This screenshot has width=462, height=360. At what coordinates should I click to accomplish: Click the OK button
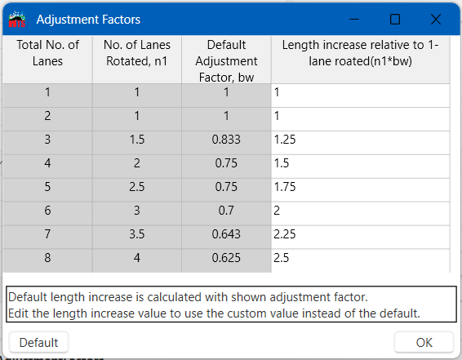424,342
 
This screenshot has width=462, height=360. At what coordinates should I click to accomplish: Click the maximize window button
395,19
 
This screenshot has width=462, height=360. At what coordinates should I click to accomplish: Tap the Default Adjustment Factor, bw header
226,59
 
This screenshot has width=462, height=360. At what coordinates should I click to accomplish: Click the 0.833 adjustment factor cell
226,140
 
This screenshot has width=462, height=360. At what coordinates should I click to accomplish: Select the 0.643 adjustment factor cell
226,235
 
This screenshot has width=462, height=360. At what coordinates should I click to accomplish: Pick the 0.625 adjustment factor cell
226,259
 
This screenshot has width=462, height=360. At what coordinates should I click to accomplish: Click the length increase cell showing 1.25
360,140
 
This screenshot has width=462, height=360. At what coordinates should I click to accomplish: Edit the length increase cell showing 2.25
360,235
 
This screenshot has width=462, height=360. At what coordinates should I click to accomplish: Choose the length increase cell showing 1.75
360,188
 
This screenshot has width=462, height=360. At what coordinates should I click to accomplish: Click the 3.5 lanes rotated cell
137,235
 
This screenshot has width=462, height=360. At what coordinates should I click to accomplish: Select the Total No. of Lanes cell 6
47,211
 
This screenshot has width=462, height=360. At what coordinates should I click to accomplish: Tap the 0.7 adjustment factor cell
226,211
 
